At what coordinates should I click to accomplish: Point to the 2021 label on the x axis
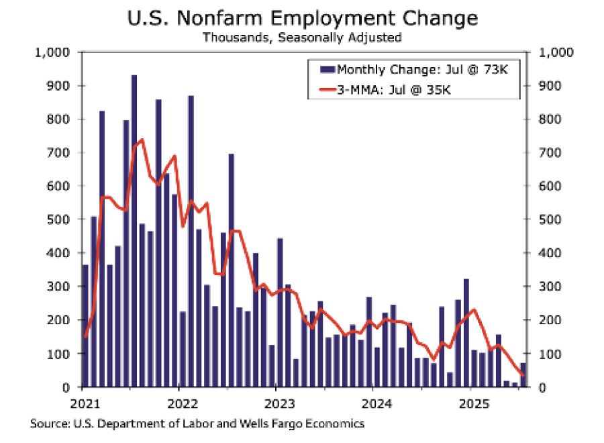(82, 405)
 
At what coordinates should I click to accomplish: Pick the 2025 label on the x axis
(470, 405)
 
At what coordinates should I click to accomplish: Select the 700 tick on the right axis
(544, 153)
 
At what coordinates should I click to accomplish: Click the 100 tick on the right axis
(544, 354)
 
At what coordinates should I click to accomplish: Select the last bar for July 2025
(523, 375)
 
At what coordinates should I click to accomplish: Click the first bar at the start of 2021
(85, 326)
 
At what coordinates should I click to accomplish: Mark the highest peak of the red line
(142, 140)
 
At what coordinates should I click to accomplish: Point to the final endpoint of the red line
(523, 375)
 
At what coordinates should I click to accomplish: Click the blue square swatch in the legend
(313, 69)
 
